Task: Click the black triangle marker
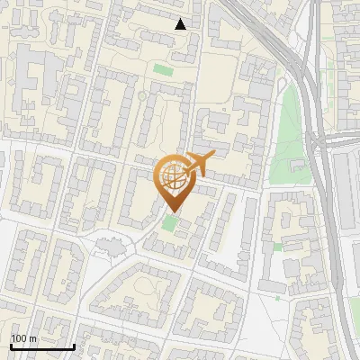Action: tap(181, 24)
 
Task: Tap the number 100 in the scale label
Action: tap(19, 338)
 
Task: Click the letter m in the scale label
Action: tap(32, 338)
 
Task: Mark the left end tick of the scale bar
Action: tap(11, 346)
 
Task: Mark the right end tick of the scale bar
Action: tap(75, 346)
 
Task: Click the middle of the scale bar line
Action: tap(42, 346)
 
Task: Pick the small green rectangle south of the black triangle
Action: tap(162, 69)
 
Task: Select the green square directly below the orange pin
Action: tap(170, 221)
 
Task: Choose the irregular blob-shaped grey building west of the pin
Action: tap(109, 244)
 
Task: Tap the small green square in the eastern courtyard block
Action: tap(278, 246)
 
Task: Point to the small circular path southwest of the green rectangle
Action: tap(141, 95)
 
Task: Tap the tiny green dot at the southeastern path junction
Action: tap(277, 297)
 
